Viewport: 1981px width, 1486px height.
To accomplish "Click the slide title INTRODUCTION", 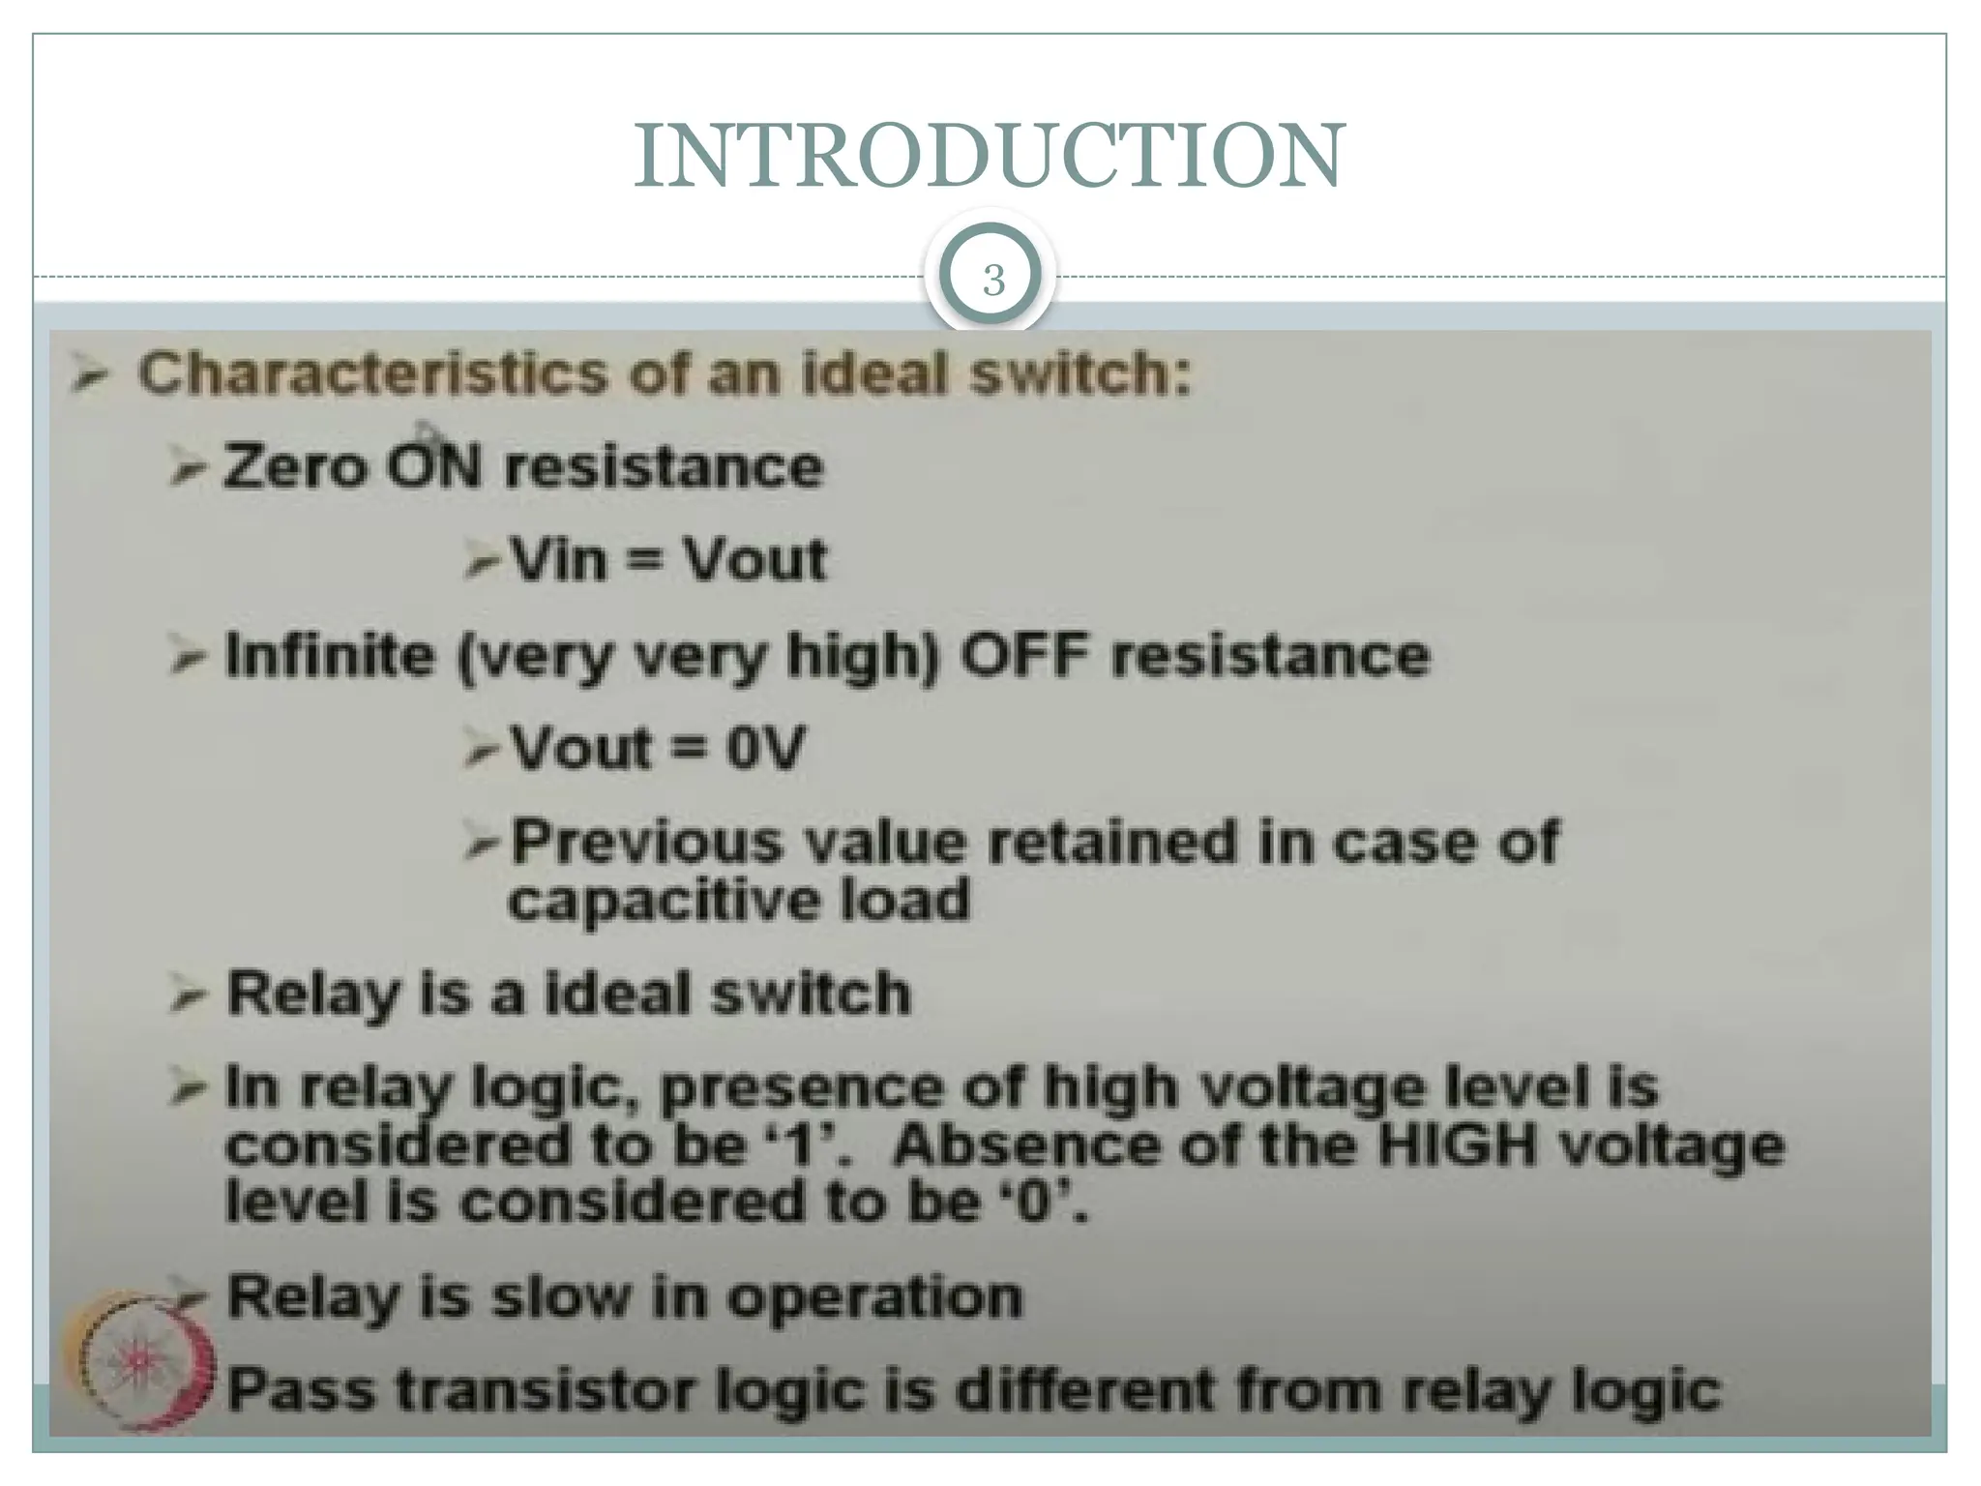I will pos(989,157).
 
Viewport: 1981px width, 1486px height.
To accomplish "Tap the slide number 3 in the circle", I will pos(992,281).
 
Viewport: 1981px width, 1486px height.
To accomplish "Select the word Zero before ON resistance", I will pos(296,467).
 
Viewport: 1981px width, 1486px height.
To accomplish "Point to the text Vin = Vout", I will pos(668,560).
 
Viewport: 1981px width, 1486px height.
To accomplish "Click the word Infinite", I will pos(330,656).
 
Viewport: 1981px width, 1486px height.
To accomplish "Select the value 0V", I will pos(765,748).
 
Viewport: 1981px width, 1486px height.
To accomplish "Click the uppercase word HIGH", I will pos(1457,1146).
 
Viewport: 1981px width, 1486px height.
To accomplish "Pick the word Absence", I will pos(1025,1146).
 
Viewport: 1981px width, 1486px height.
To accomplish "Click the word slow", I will pos(561,1296).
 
